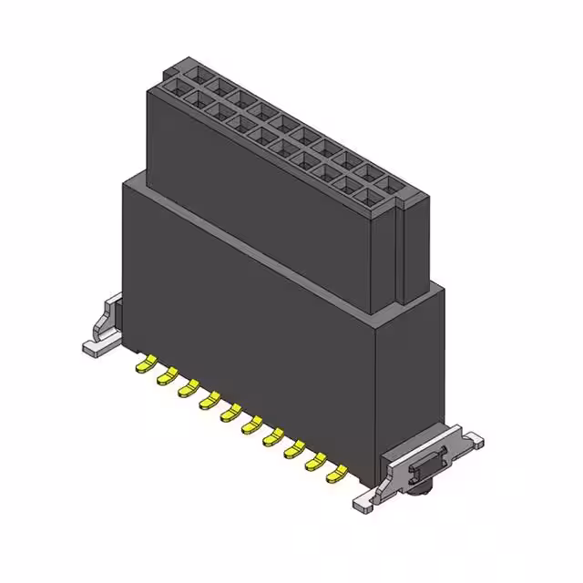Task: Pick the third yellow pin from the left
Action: click(x=188, y=388)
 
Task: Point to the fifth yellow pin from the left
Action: click(x=230, y=413)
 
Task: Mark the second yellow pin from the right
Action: click(x=315, y=461)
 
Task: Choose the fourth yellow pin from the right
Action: click(x=272, y=437)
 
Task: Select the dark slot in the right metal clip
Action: click(x=424, y=468)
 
